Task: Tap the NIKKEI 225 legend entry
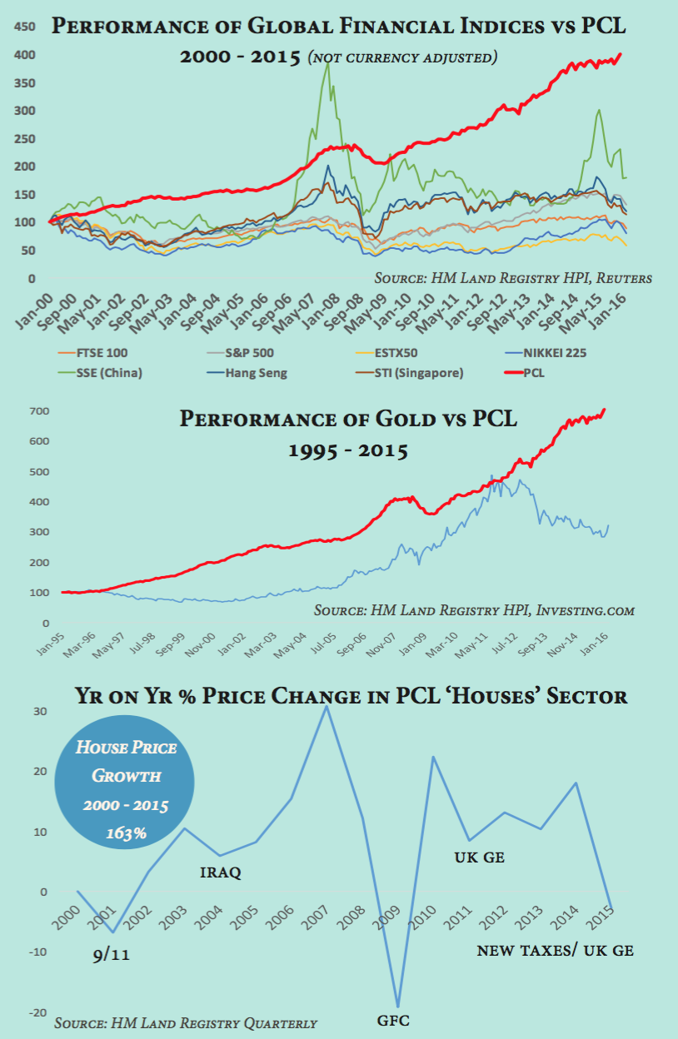551,353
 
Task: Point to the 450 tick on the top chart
24,27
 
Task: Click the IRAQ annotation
221,872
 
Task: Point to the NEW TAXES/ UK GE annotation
555,949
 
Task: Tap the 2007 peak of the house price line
327,706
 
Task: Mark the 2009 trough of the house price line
397,1007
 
